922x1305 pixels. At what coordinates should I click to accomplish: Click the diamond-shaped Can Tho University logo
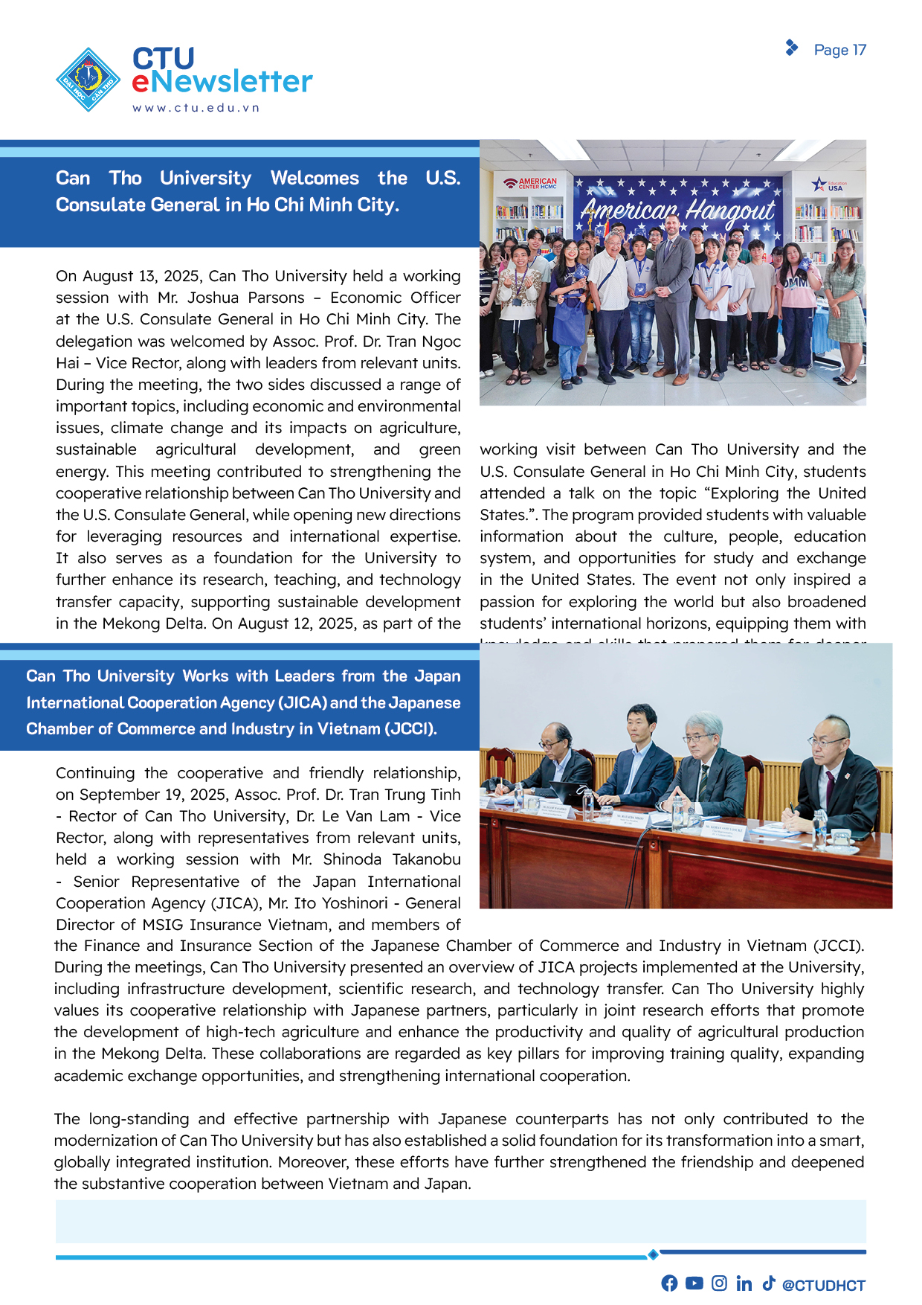click(88, 80)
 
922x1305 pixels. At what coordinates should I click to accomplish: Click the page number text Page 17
click(839, 50)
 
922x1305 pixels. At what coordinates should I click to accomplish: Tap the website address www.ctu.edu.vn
click(196, 108)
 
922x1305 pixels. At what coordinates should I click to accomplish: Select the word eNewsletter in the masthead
click(222, 82)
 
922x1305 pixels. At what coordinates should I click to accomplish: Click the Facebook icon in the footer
click(669, 1283)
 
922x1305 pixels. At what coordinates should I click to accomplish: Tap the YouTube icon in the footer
click(694, 1283)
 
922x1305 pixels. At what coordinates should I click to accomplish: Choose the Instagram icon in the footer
click(719, 1283)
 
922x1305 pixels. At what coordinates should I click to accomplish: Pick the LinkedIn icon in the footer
click(744, 1283)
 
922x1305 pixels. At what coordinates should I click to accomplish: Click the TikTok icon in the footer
click(768, 1283)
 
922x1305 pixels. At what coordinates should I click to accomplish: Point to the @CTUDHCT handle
click(824, 1286)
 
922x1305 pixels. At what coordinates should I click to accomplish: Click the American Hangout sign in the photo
click(677, 211)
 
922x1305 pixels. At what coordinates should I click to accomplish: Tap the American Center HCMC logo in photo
click(530, 183)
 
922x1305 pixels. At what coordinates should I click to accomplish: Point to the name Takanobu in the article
click(426, 859)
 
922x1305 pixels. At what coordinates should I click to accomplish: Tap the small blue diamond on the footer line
click(653, 1255)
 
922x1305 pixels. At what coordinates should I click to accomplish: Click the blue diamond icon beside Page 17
click(792, 48)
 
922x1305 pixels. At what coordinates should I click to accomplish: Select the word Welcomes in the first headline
click(315, 179)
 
